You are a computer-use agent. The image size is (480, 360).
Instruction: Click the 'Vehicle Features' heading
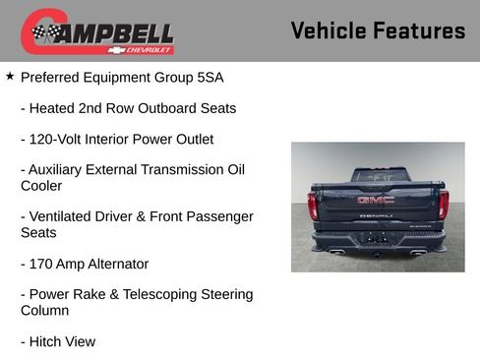(378, 30)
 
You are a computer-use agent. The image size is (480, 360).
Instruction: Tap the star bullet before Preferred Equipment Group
(10, 75)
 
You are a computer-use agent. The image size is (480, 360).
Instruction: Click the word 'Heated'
(56, 108)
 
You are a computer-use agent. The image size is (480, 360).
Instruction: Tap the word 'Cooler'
(41, 185)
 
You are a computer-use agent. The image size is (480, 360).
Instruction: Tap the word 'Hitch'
(46, 341)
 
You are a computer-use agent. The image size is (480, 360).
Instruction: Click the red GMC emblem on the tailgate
(376, 200)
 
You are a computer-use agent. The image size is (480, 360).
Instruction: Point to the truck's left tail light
(313, 205)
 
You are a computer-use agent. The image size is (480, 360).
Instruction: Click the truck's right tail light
(444, 205)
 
